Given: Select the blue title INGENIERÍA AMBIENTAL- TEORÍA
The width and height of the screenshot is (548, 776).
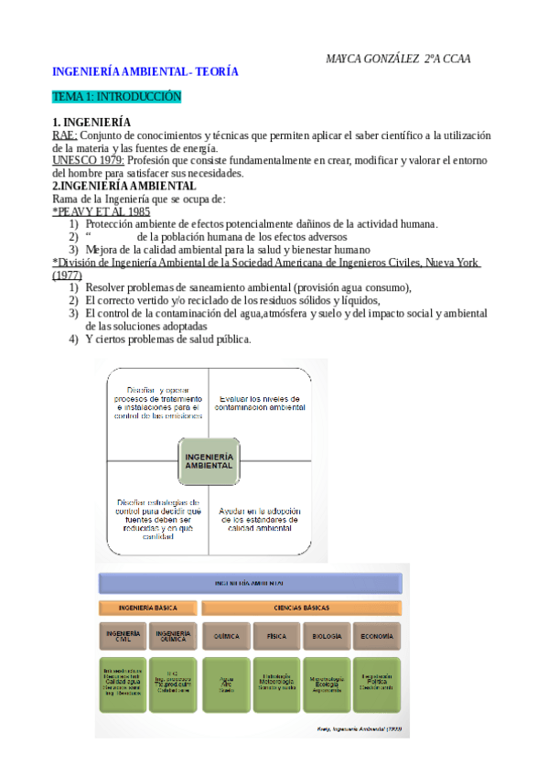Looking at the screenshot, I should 145,71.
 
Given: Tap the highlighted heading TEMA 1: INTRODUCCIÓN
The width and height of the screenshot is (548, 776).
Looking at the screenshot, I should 117,96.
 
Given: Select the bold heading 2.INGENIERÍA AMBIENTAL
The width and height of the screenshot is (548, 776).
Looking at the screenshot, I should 124,186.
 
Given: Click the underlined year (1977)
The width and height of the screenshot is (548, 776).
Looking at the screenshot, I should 67,275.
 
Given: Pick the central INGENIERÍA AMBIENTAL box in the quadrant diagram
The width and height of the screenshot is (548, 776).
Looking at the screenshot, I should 210,459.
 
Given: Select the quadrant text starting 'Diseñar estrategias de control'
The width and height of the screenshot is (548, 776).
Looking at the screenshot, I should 157,519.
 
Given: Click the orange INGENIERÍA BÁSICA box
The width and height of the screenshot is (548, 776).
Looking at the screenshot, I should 147,607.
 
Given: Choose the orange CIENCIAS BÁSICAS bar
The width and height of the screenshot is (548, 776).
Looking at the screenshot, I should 300,607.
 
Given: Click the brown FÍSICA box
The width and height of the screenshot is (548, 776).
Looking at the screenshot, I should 276,634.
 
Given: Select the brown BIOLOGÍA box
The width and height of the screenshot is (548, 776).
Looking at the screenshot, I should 326,634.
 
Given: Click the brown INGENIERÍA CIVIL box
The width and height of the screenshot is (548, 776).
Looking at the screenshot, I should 123,634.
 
